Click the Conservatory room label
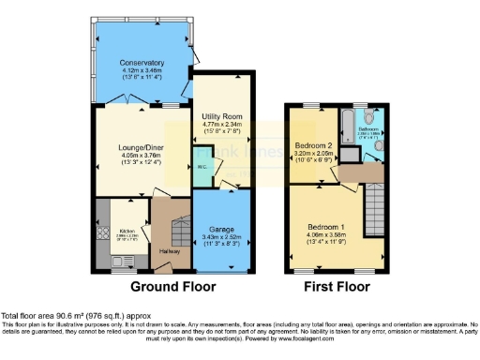pos(141,63)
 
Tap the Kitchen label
pos(127,231)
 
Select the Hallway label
pos(170,251)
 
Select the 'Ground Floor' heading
pos(172,286)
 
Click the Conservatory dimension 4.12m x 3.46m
pos(141,71)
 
